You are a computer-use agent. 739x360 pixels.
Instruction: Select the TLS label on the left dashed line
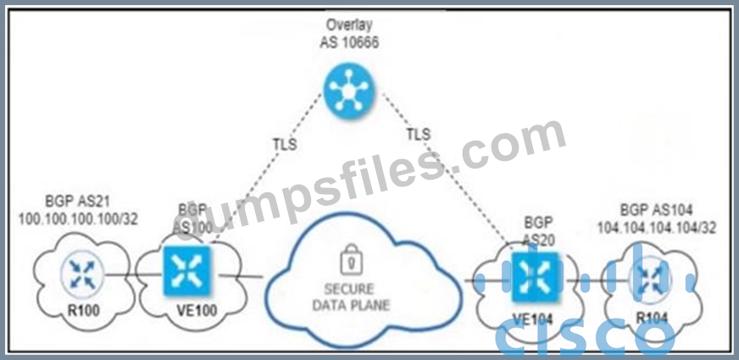[x=285, y=144]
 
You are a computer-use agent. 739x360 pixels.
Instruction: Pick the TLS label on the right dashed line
[x=418, y=135]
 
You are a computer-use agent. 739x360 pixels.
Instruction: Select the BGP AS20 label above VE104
[x=535, y=231]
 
